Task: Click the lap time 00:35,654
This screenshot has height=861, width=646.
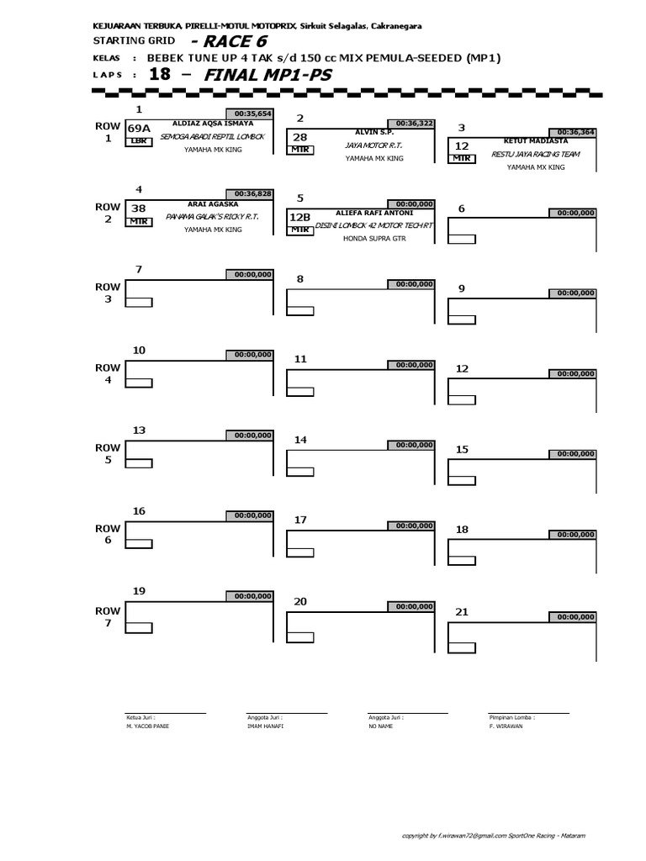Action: coord(249,114)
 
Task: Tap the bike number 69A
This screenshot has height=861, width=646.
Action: coord(139,129)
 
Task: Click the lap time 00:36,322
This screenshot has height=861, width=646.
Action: coord(410,123)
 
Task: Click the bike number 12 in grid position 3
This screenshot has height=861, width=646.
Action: coord(462,145)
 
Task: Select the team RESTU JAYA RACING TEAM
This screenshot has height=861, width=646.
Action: coord(536,154)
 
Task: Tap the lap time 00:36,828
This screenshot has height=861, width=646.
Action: coord(249,193)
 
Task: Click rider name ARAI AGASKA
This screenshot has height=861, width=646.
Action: coord(207,203)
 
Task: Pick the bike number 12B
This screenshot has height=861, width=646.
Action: coord(300,216)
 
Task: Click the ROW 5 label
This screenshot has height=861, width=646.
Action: coord(108,455)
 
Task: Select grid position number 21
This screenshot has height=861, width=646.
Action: coord(462,611)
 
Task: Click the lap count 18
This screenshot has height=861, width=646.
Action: coord(160,74)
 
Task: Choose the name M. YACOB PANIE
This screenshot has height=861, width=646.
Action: coord(147,725)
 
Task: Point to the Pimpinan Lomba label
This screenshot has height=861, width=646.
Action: coord(511,717)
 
